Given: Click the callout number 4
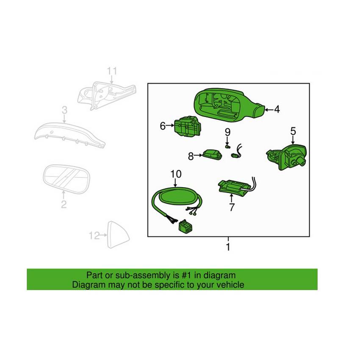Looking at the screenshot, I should click(277, 109).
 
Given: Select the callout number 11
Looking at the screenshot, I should click(111, 71).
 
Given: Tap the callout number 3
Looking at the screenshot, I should click(64, 111).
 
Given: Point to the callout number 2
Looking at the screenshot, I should click(64, 205).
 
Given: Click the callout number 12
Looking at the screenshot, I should click(94, 235).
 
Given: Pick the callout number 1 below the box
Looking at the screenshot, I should click(228, 247).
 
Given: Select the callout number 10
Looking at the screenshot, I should click(175, 174).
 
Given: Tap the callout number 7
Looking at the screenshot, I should click(232, 208).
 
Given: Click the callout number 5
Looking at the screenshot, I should click(293, 132).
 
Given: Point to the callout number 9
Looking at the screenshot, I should click(227, 132).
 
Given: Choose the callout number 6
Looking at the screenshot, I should click(162, 125).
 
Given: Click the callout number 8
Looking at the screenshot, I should click(191, 156).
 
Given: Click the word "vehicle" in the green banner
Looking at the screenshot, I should click(230, 285).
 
